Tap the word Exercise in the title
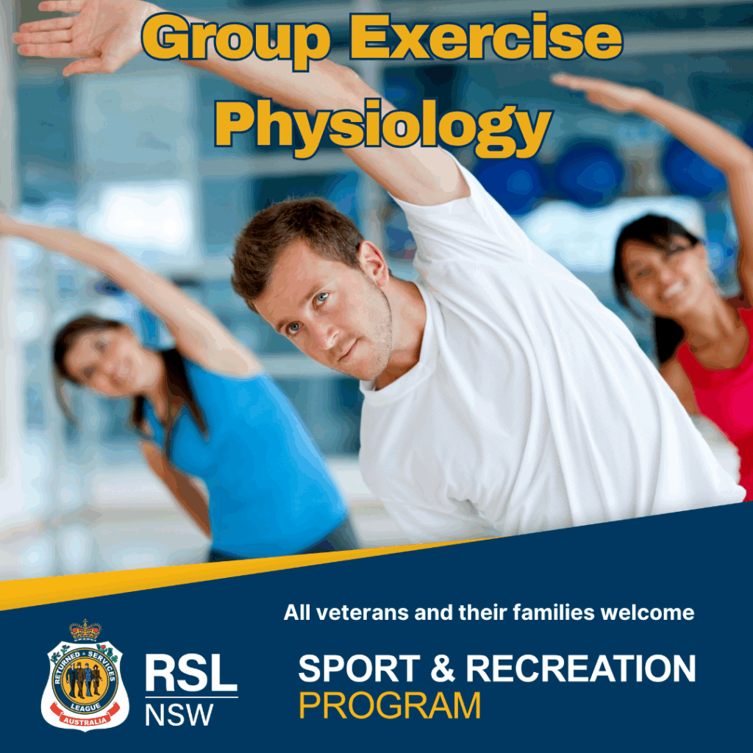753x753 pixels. tap(485, 37)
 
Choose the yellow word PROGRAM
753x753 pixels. tap(390, 705)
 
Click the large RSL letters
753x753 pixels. tap(191, 674)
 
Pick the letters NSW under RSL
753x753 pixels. tap(179, 715)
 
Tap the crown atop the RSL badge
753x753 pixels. tap(85, 630)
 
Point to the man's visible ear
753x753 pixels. tap(374, 263)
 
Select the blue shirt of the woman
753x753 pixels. tap(250, 461)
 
